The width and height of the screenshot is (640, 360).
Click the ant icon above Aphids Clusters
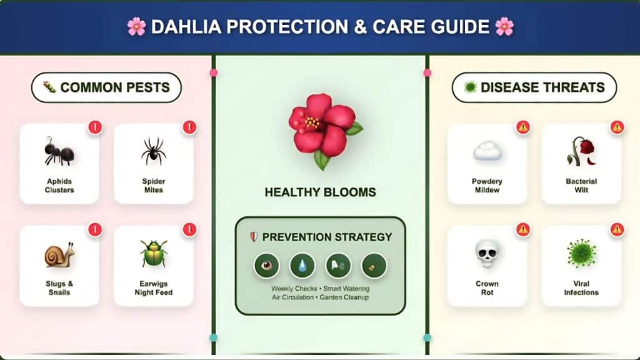(x=59, y=152)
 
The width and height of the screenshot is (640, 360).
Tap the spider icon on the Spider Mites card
(x=153, y=151)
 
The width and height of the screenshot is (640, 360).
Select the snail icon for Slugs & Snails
(x=59, y=254)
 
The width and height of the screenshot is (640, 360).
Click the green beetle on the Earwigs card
(x=153, y=254)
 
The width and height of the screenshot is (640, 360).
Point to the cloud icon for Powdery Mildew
(x=487, y=151)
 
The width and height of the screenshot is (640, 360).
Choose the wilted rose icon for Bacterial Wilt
(x=581, y=151)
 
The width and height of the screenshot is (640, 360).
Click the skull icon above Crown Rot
(x=487, y=254)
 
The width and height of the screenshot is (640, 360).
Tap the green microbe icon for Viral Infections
(x=581, y=253)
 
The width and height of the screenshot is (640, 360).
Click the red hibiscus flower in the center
(x=321, y=128)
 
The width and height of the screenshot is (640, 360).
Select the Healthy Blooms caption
(x=321, y=192)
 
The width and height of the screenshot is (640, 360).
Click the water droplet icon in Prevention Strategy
(x=302, y=266)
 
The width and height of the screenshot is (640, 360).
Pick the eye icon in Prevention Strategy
(x=266, y=266)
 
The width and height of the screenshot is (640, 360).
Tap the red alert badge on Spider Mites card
(x=189, y=127)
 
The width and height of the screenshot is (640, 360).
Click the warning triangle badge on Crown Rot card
(x=523, y=229)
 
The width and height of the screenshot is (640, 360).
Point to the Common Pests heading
(x=106, y=87)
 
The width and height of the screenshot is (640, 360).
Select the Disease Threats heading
(x=534, y=87)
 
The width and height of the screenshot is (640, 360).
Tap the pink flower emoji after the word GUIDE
(x=504, y=27)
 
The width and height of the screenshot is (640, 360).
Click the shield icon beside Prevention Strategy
(x=253, y=237)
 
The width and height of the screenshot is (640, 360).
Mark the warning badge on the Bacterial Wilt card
(x=617, y=127)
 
